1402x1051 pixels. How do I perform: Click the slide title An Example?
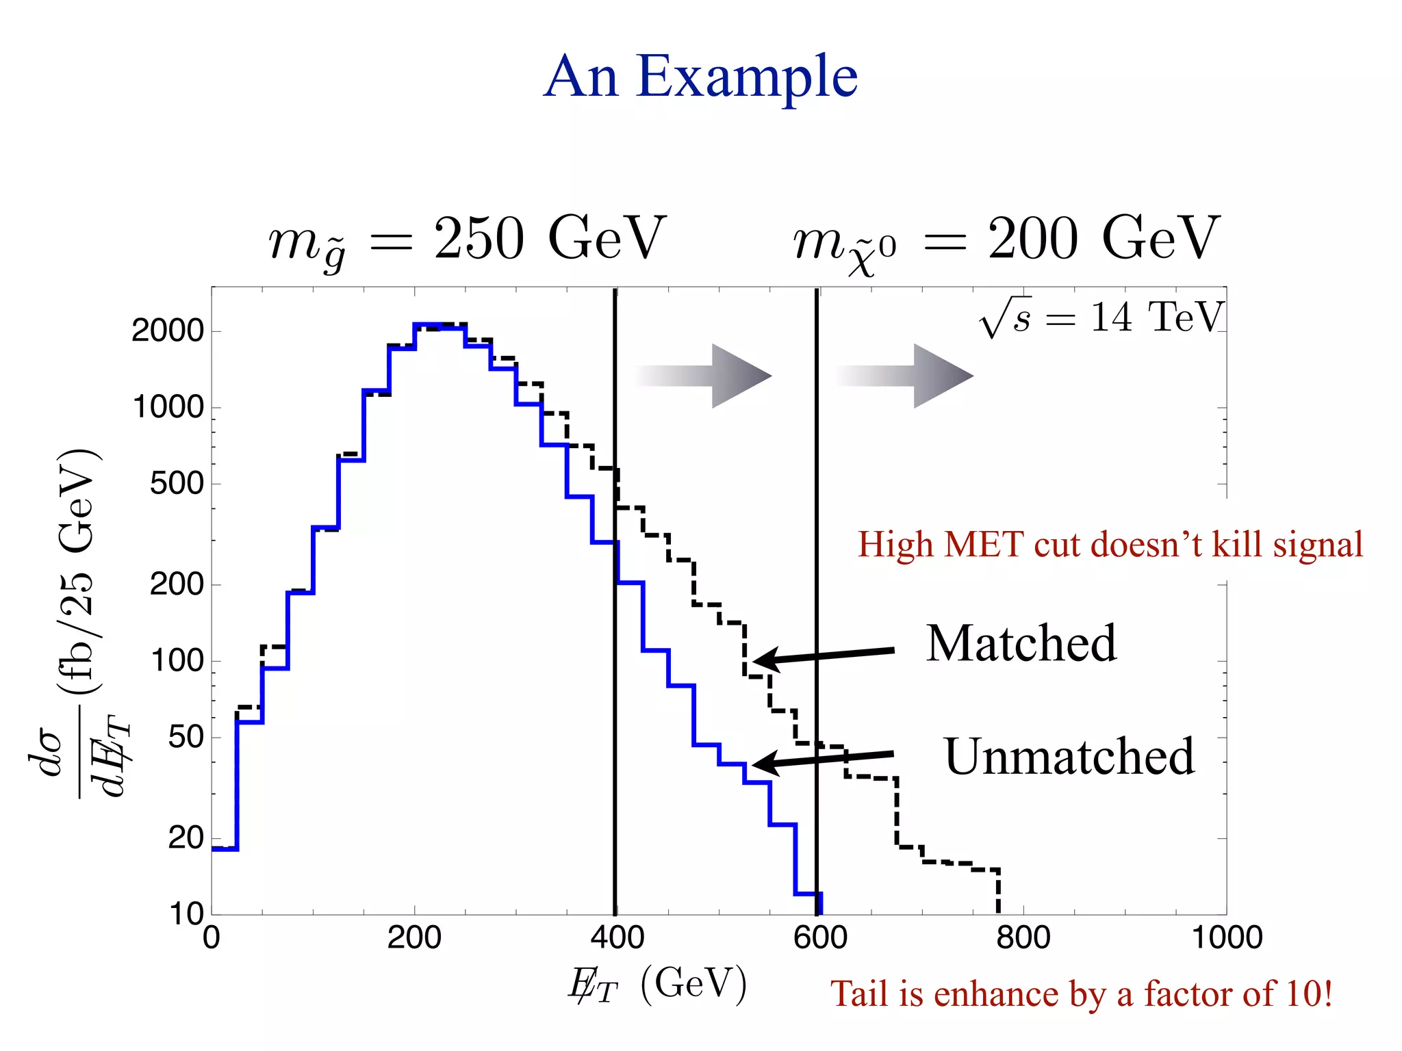[700, 77]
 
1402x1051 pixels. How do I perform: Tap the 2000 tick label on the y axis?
[168, 331]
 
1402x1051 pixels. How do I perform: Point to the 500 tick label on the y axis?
[177, 484]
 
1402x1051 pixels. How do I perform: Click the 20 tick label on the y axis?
[186, 838]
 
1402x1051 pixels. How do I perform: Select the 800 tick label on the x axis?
[1023, 937]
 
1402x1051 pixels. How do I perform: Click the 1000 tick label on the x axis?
[1227, 937]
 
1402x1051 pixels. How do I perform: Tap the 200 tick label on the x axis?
[413, 937]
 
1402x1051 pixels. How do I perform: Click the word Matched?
[1021, 644]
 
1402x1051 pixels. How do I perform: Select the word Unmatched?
[1069, 757]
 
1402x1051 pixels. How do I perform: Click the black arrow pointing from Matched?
[824, 656]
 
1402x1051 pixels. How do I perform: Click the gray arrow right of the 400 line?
[705, 376]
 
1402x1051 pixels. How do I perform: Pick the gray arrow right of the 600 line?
[905, 376]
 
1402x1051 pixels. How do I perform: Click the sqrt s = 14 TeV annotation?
[1101, 318]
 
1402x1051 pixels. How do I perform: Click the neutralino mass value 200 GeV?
[1103, 238]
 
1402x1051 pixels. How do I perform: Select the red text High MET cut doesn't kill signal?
[1110, 545]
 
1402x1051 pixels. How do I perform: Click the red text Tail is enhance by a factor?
[1081, 994]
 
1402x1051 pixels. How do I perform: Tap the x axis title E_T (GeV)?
[657, 986]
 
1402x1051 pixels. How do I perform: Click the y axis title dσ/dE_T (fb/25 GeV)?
[75, 623]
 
